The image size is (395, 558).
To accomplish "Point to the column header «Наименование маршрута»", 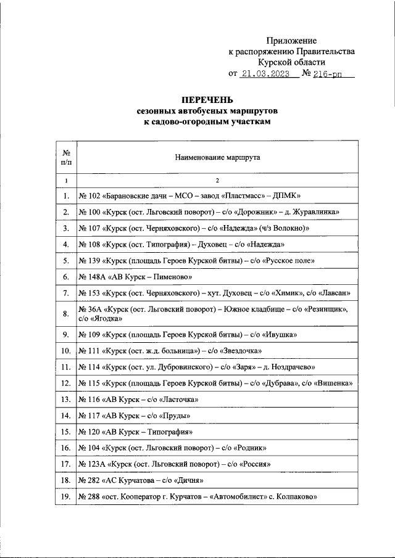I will tap(217, 157).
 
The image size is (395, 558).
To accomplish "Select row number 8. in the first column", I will tap(65, 314).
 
